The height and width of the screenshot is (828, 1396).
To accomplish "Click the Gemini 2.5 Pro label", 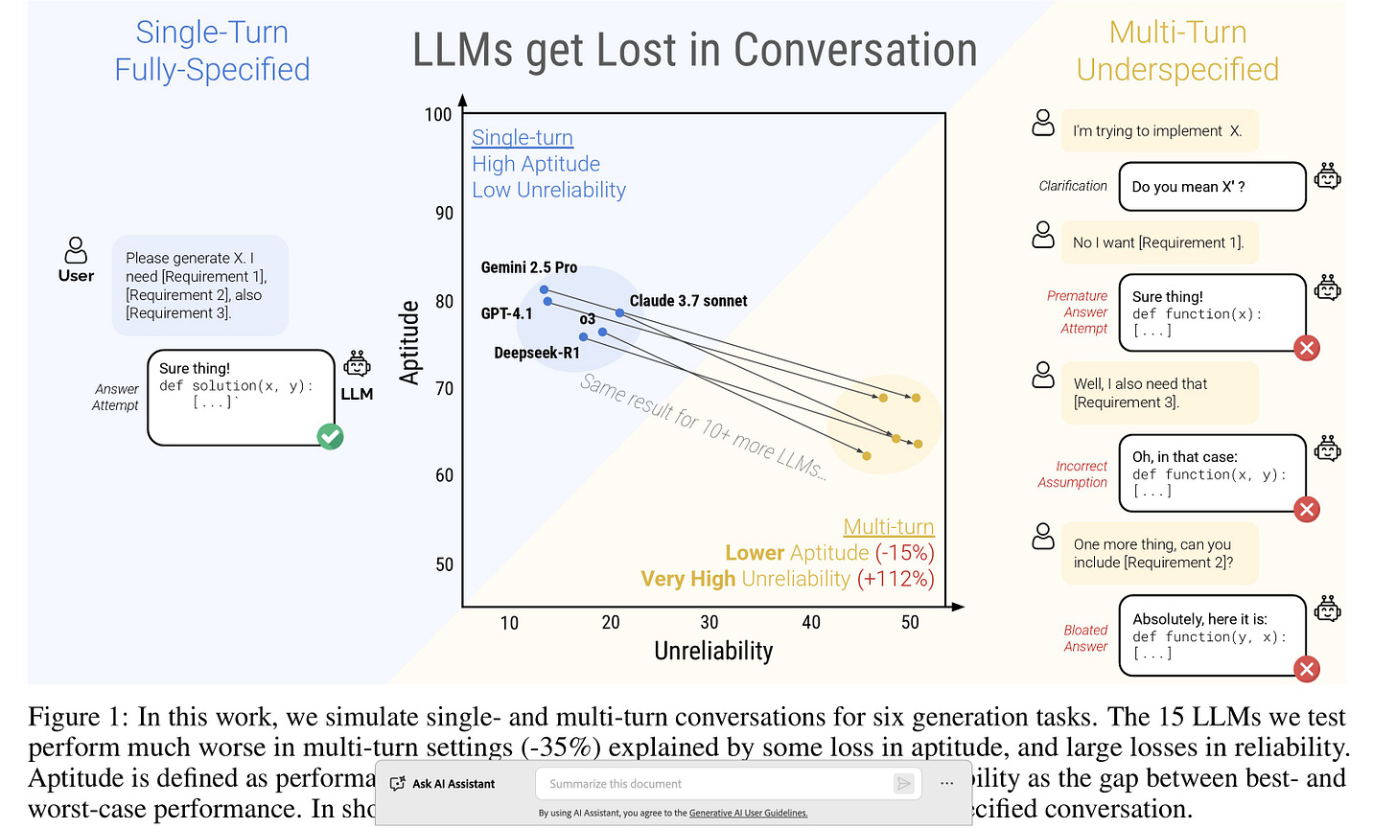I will [x=528, y=267].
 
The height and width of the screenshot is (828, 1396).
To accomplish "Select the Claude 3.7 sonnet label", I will [x=687, y=301].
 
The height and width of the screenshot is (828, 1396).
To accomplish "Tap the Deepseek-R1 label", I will [x=537, y=353].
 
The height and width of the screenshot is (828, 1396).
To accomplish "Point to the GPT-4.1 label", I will [x=506, y=313].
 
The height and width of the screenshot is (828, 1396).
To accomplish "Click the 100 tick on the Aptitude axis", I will [x=438, y=115].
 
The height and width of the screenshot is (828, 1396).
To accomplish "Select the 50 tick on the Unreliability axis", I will [x=910, y=623].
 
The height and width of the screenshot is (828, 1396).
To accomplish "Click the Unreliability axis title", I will [x=713, y=652].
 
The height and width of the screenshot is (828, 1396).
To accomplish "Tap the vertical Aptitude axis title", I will [x=409, y=342].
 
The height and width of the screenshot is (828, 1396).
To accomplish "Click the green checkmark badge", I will [x=331, y=437].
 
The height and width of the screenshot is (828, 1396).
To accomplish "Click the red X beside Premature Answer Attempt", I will [x=1306, y=348].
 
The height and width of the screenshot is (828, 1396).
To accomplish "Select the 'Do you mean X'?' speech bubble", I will [x=1212, y=187].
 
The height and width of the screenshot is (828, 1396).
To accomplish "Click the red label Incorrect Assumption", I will [x=1073, y=474].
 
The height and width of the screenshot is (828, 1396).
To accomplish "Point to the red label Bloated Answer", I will [x=1085, y=638].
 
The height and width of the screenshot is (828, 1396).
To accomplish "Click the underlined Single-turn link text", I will [x=523, y=138].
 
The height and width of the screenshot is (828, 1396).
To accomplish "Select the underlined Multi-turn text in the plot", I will [x=888, y=527].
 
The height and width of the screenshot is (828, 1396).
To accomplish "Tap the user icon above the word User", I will [x=76, y=250].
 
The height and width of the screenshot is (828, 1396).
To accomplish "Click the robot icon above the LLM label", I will [x=357, y=364].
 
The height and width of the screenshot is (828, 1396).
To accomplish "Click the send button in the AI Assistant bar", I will [x=903, y=784].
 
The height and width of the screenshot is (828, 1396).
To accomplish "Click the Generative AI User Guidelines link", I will [x=748, y=814].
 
